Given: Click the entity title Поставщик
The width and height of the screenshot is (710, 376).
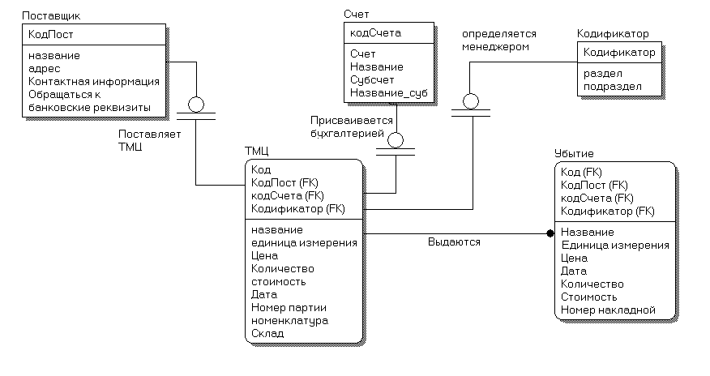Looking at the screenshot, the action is [51, 16].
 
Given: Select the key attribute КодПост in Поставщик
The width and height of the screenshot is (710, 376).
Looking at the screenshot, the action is [51, 34].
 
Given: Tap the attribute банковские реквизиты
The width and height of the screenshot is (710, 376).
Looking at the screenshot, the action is [89, 108].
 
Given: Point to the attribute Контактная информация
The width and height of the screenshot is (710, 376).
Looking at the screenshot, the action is [94, 82].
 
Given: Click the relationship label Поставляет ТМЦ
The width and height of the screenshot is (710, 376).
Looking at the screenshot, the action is [149, 141].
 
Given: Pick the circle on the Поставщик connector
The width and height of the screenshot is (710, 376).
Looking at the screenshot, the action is [196, 105].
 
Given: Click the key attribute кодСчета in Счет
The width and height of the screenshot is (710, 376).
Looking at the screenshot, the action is [375, 33].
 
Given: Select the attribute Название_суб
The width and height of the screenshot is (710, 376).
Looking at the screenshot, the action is [388, 93].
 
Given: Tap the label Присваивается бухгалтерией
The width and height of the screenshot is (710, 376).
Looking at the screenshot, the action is [352, 127].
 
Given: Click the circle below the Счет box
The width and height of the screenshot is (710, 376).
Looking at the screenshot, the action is [396, 140].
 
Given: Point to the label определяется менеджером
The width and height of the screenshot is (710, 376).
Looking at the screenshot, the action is [499, 41].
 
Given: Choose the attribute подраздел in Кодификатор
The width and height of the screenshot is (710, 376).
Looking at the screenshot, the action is [612, 87].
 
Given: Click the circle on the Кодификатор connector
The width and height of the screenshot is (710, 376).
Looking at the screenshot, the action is [471, 101].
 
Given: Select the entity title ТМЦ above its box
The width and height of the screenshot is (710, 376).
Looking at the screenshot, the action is [257, 151].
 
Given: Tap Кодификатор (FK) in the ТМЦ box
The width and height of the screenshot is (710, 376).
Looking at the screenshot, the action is [298, 208].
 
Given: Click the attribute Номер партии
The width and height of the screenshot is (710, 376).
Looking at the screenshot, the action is [289, 308].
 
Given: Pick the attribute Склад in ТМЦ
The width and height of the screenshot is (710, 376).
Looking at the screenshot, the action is [267, 334].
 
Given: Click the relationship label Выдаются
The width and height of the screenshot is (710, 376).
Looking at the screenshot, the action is [454, 242].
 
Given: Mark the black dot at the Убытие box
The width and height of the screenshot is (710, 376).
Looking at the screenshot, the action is [550, 233].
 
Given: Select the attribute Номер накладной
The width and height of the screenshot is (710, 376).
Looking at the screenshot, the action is [608, 310].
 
